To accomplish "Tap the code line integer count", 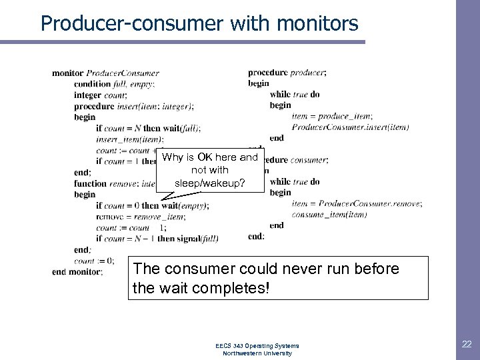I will click(x=101, y=95).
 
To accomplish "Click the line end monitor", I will click(x=77, y=271).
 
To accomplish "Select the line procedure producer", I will click(x=287, y=73).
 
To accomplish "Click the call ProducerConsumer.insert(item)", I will click(x=350, y=127).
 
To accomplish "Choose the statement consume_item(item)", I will click(x=329, y=215).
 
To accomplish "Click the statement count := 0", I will click(x=94, y=261).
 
